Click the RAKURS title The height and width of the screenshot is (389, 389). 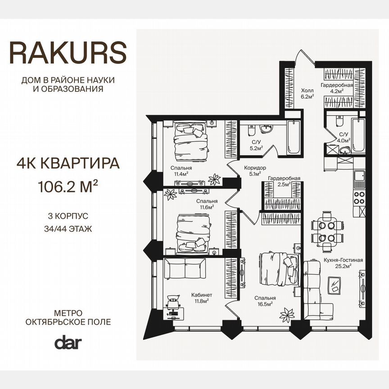pyautogui.click(x=68, y=53)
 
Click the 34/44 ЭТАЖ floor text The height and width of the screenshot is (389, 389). pyautogui.click(x=68, y=228)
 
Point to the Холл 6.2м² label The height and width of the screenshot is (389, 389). pyautogui.click(x=307, y=92)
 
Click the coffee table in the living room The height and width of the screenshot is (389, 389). pyautogui.click(x=335, y=285)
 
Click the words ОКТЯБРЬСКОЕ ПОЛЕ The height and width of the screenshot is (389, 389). pyautogui.click(x=68, y=322)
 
